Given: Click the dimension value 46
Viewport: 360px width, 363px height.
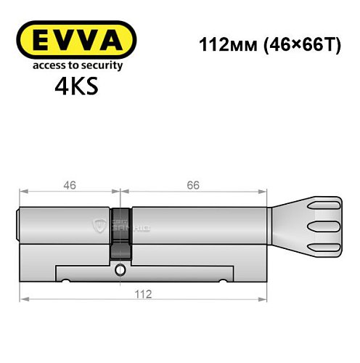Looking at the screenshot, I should (x=70, y=185).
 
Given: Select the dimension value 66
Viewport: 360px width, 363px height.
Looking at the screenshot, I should (x=193, y=185).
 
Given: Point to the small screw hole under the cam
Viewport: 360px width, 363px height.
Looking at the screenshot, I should (x=120, y=270).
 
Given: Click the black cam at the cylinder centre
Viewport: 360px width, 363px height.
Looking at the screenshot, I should (x=120, y=232).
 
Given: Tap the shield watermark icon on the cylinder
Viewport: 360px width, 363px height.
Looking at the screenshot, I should (x=99, y=226).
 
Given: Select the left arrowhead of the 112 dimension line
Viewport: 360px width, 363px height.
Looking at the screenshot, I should (x=23, y=298).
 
